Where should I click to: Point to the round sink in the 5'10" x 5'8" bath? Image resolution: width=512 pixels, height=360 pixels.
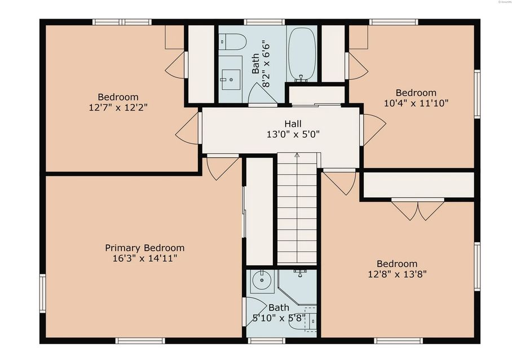(262, 279)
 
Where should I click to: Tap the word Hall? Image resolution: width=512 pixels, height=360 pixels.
(293, 124)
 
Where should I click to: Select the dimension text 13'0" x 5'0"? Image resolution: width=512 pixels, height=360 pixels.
(293, 135)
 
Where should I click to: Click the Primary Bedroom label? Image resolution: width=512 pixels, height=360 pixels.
(144, 248)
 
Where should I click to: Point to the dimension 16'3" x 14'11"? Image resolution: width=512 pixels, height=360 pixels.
(144, 258)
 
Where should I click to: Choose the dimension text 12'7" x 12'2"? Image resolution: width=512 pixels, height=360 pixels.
(118, 107)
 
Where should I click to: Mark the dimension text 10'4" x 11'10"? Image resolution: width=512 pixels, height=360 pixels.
(416, 103)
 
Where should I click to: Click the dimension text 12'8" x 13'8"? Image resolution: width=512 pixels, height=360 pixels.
(397, 274)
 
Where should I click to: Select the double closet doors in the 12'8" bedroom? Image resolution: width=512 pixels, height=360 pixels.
(418, 210)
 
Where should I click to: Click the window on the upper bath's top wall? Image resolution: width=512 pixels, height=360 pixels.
(264, 22)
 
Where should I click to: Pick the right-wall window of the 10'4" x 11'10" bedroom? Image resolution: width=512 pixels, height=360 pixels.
(476, 94)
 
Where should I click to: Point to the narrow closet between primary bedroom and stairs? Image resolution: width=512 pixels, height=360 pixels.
(259, 211)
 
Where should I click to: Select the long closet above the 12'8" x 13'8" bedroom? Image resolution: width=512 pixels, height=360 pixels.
(418, 185)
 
